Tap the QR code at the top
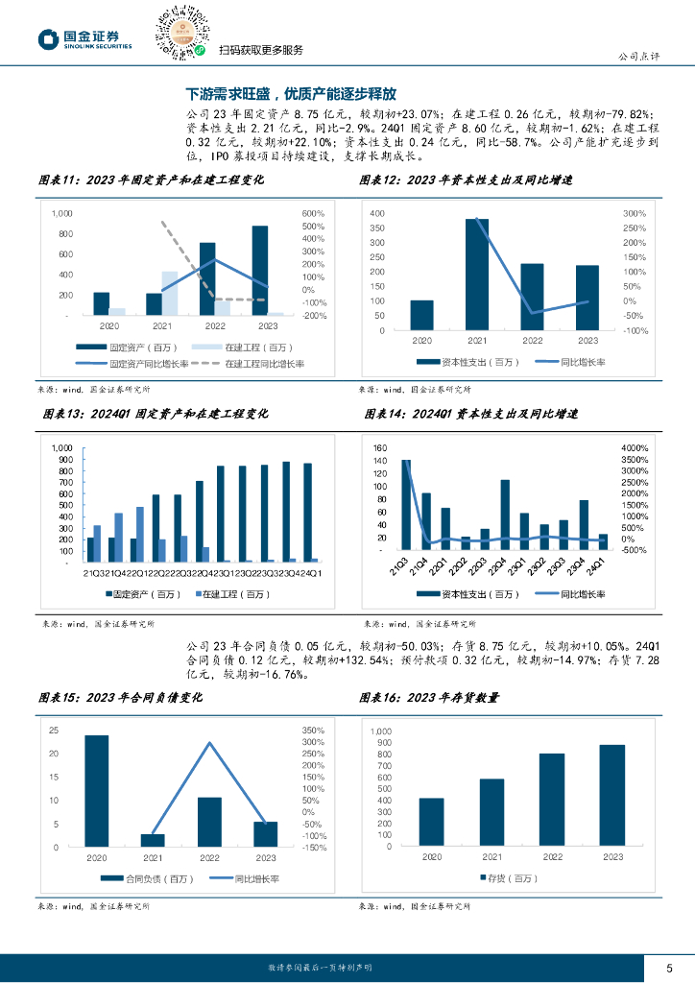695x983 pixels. (183, 30)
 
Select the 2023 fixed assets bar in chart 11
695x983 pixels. (260, 270)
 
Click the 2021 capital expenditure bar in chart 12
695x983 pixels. (477, 274)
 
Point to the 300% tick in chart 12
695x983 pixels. (635, 212)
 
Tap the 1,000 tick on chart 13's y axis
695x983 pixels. (61, 448)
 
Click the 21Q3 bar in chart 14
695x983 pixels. (406, 505)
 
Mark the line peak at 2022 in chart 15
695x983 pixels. (210, 743)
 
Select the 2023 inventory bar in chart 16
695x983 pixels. (612, 795)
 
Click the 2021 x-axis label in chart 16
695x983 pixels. (491, 856)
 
